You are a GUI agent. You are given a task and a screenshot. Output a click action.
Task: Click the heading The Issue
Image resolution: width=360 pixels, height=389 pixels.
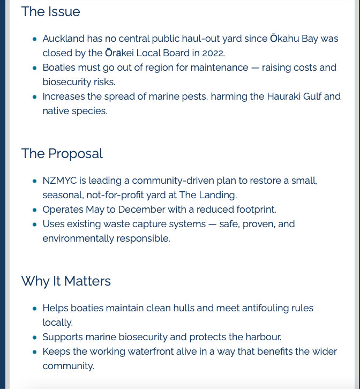coord(50,12)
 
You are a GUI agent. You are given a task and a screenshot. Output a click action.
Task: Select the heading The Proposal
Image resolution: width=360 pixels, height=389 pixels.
coord(62,153)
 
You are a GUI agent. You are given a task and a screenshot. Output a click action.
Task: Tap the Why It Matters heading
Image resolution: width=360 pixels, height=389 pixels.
coord(66,281)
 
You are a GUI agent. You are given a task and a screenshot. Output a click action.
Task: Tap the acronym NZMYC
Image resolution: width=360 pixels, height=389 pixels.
coord(59,181)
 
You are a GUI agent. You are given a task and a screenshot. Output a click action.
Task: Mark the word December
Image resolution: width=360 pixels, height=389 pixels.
coord(140,210)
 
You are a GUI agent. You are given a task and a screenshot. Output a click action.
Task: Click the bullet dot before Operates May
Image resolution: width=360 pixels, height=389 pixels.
coord(35,210)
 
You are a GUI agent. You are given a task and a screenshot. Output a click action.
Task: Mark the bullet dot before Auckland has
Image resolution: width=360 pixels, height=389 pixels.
coord(35,39)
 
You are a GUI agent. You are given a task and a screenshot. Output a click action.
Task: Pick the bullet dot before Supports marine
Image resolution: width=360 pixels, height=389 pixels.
coord(35,338)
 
